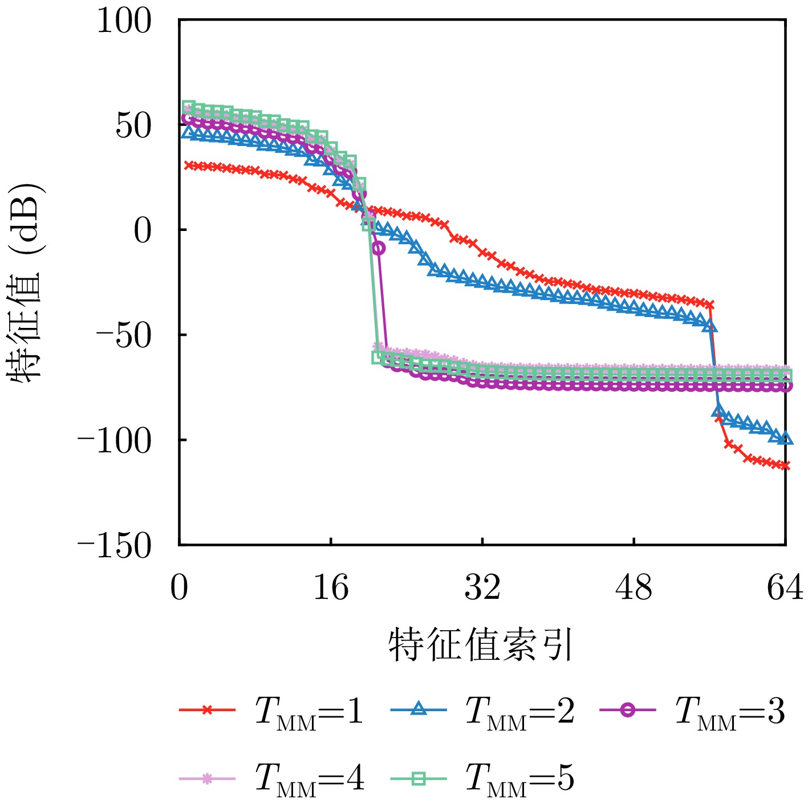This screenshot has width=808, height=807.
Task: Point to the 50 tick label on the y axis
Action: (x=134, y=126)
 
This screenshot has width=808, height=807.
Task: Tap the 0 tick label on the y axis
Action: (x=143, y=231)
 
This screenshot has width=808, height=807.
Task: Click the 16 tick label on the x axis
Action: (x=331, y=587)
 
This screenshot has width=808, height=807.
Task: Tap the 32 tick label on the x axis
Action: (x=482, y=587)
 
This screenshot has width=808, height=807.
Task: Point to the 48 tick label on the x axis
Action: (x=634, y=587)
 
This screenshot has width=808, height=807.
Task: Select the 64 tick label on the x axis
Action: (x=785, y=587)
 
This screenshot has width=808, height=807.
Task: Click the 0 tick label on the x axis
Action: (x=179, y=587)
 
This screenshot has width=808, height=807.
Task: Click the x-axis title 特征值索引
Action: (x=480, y=645)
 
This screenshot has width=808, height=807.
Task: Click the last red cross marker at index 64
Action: (x=786, y=466)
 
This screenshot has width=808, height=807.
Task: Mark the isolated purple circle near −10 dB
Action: (x=378, y=248)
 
